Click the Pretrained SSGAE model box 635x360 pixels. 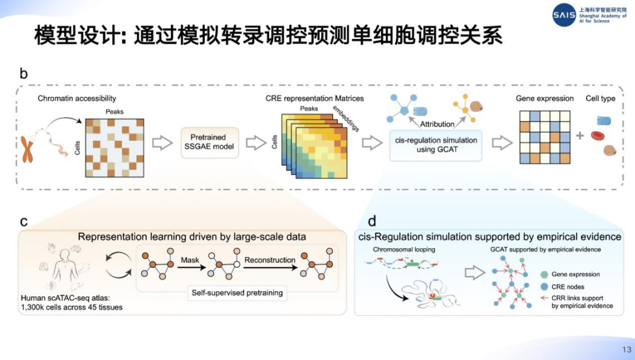[x=208, y=142]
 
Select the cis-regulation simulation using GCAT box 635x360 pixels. [x=436, y=145]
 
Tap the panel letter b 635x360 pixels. [x=24, y=74]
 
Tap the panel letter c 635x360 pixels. [x=24, y=221]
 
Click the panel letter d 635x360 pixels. [x=371, y=221]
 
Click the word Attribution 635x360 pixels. [x=437, y=123]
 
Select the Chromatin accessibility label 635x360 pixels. [x=77, y=98]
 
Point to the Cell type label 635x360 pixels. [x=601, y=98]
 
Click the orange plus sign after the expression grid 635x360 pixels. [x=579, y=136]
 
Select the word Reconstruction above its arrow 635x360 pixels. [x=270, y=260]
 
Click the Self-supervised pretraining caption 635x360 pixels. [x=237, y=293]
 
